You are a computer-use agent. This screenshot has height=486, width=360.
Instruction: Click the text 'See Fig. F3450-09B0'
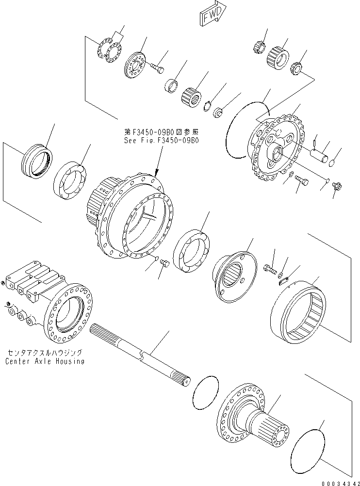pyautogui.click(x=161, y=140)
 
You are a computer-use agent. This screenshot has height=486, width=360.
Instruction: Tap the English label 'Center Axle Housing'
pyautogui.click(x=45, y=361)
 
